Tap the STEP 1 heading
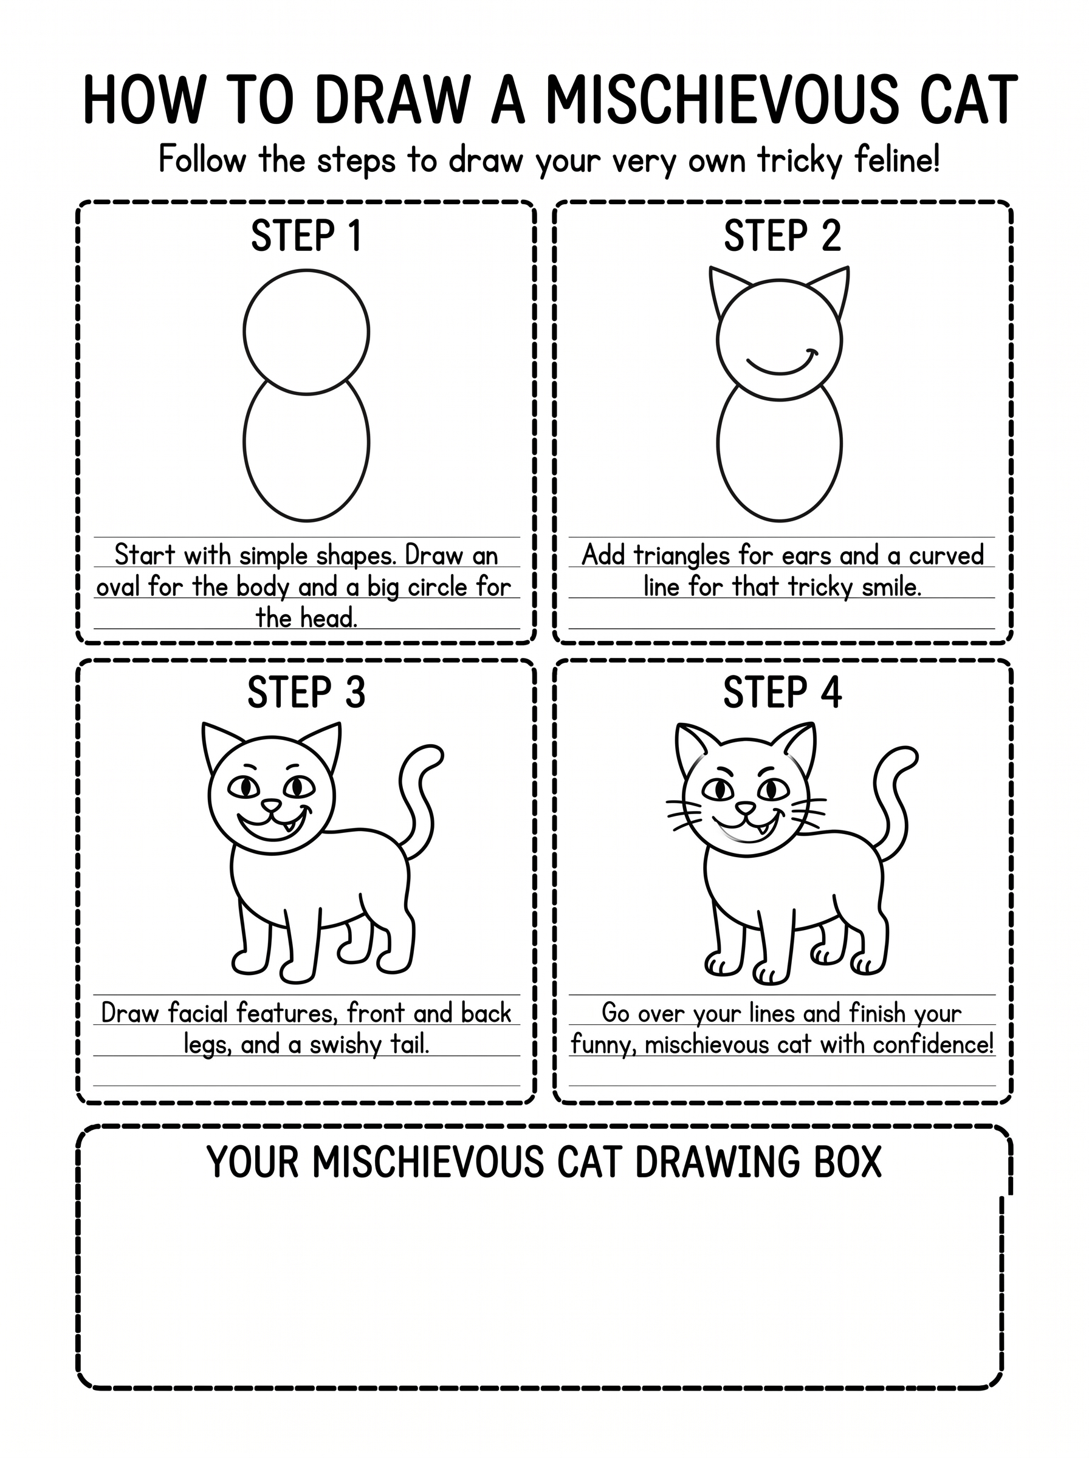tap(306, 236)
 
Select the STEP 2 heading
tap(783, 236)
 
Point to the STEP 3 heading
tap(306, 693)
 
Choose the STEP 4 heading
tap(783, 693)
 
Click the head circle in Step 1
tap(244, 332)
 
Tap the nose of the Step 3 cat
tap(271, 806)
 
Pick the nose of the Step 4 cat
tap(745, 809)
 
